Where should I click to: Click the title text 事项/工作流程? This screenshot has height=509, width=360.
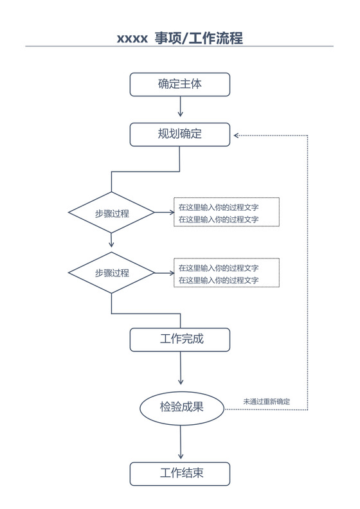tap(199, 38)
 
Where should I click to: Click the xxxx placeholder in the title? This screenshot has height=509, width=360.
tap(132, 39)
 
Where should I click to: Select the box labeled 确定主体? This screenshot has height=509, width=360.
tap(180, 84)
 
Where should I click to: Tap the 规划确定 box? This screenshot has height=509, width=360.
tap(180, 134)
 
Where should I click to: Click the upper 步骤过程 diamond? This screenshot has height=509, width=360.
tap(112, 213)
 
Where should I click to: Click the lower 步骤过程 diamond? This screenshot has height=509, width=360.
tap(112, 272)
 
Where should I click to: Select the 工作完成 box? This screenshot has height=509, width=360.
tap(180, 339)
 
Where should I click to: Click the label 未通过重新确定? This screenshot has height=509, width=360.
tap(266, 402)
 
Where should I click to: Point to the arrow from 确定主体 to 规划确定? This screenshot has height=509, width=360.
tap(180, 109)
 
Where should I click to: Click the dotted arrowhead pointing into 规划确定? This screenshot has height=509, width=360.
tap(237, 135)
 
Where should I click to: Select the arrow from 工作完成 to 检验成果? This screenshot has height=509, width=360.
tap(181, 370)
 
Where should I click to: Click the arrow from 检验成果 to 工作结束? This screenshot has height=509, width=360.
tap(181, 443)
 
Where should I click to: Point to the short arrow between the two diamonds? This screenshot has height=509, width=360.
tap(112, 240)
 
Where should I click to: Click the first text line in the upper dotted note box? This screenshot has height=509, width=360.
tap(219, 208)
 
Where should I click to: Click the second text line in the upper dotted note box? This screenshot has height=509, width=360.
tap(219, 219)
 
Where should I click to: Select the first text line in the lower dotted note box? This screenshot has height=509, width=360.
tap(219, 268)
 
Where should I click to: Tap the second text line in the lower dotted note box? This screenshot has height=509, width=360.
tap(219, 280)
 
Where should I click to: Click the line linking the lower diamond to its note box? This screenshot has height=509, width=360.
tap(164, 273)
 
